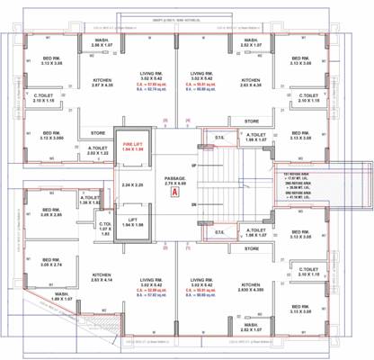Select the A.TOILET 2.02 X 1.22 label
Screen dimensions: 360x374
(97, 152)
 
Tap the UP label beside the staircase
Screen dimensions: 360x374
(193, 166)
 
